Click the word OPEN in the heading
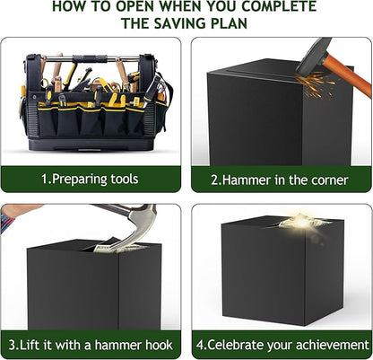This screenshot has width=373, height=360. (x=136, y=5)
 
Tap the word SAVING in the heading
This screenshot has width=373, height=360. (x=179, y=23)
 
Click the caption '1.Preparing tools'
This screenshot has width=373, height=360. (x=90, y=179)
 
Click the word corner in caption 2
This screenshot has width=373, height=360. (x=330, y=180)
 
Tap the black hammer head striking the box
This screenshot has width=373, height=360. (x=312, y=57)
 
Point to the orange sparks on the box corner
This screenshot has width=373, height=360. (x=317, y=83)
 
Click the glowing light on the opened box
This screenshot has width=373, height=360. (x=302, y=222)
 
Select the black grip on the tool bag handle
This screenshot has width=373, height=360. (x=90, y=58)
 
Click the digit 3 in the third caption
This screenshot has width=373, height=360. (x=12, y=345)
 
